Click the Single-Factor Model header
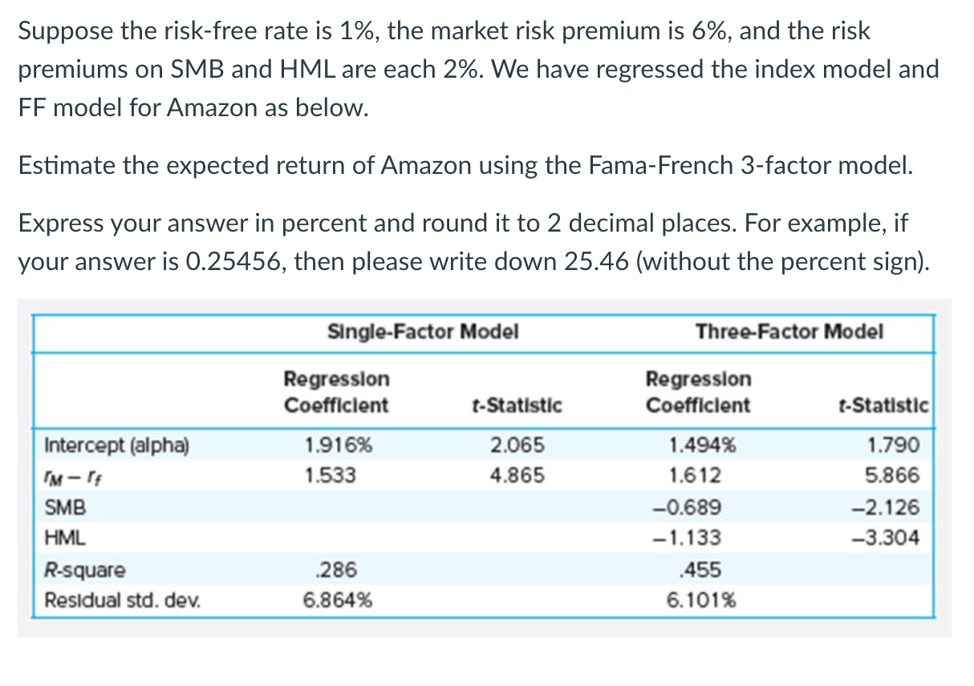tap(423, 332)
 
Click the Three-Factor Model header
tap(789, 332)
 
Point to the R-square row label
tap(85, 571)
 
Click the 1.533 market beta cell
tap(331, 476)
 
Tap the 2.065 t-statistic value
tap(517, 445)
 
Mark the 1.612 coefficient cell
tap(695, 476)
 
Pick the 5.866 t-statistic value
tap(892, 476)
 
